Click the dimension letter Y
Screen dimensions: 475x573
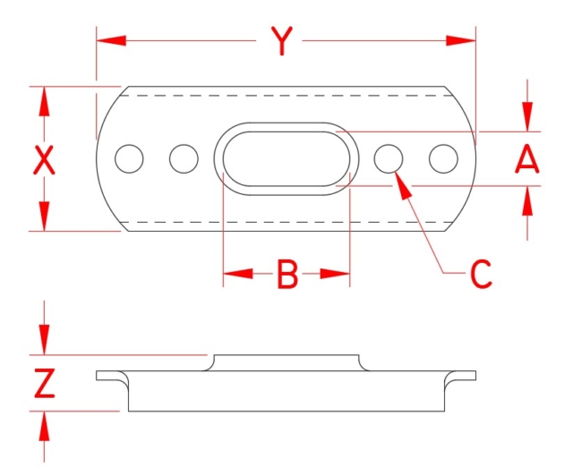pos(282,41)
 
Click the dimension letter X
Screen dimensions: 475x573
pos(44,161)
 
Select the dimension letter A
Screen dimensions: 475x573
pos(527,160)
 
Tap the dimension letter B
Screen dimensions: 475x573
pos(286,275)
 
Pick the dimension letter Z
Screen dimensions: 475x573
pos(44,384)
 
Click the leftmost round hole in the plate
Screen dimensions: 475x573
pos(130,159)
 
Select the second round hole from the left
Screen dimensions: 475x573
pos(184,159)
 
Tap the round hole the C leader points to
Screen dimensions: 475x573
pos(389,158)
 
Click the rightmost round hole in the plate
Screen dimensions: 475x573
pos(443,158)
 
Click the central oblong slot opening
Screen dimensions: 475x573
pos(286,159)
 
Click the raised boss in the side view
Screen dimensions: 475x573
pos(286,361)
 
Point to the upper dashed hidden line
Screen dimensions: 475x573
pos(286,94)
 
